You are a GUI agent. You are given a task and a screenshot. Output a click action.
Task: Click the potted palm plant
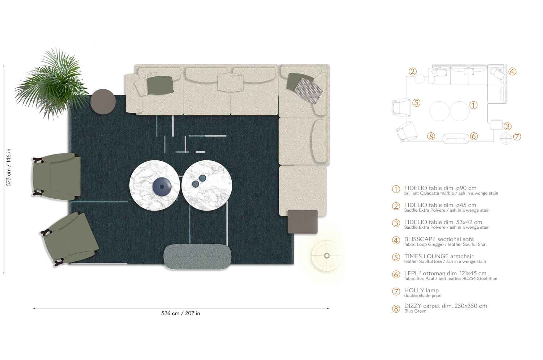point(52,85)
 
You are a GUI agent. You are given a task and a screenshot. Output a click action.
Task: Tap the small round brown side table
point(103,102)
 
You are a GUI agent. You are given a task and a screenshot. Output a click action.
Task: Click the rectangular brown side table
point(303,221)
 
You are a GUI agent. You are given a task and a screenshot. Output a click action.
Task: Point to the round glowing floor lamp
point(327,256)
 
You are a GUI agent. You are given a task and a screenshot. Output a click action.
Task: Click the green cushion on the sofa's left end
point(160,85)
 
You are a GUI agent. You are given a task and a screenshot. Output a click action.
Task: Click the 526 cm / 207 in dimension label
point(181,313)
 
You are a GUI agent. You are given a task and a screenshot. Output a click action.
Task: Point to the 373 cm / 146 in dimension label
point(9,167)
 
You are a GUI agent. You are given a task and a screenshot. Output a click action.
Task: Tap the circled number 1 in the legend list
point(396,189)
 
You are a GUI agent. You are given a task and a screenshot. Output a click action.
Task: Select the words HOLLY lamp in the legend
point(421,290)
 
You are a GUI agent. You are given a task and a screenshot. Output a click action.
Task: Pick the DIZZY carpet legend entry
point(445,306)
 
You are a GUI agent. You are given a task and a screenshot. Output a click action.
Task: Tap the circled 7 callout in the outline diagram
point(517,137)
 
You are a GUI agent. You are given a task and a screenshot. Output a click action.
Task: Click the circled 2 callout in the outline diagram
point(413,72)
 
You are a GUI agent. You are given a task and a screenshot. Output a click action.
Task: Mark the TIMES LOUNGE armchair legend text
point(438,256)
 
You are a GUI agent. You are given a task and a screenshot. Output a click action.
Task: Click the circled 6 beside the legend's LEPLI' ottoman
point(396,275)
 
